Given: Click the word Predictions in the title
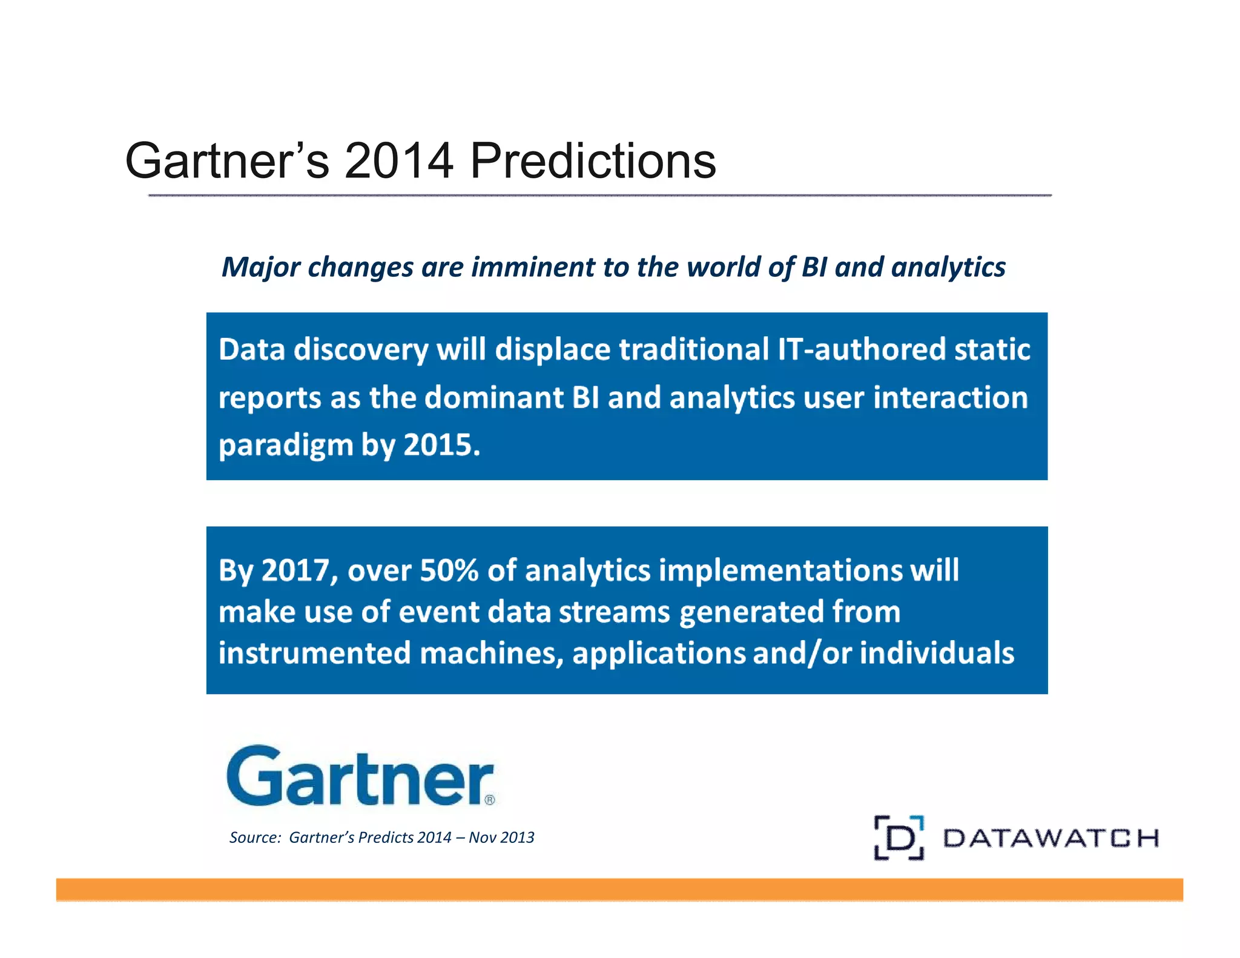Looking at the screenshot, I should [x=593, y=161].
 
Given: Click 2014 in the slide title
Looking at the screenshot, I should [x=399, y=161].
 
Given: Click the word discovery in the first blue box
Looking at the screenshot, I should [x=361, y=351].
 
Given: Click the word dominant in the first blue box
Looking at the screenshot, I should [x=494, y=398].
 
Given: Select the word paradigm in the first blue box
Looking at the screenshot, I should [x=286, y=446].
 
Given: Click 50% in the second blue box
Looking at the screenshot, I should [x=449, y=570].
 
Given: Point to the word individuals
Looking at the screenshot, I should [x=937, y=653].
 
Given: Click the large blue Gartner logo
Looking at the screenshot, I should [x=357, y=776].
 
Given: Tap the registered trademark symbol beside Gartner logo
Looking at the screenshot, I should [x=490, y=800].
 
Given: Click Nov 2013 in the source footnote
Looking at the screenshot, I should [x=501, y=837].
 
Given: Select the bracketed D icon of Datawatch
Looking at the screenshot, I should [x=899, y=838].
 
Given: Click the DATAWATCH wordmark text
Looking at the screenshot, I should [x=1050, y=839].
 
